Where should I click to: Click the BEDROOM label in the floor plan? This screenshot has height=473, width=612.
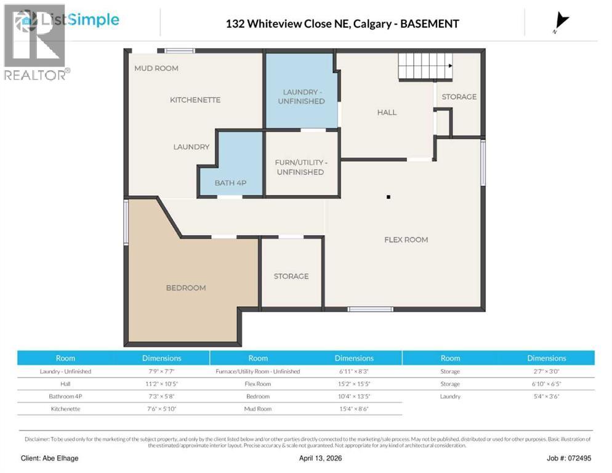click(x=185, y=288)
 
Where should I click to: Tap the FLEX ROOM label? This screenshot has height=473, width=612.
click(x=406, y=240)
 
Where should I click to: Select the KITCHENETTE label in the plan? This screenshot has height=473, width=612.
click(x=195, y=100)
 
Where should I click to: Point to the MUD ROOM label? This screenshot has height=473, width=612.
click(x=156, y=68)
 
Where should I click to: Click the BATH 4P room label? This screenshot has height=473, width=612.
click(x=231, y=183)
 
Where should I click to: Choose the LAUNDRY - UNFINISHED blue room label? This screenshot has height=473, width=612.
click(x=300, y=96)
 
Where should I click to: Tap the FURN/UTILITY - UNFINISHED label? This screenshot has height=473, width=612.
click(x=300, y=167)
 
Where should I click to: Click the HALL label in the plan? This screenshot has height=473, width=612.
click(x=387, y=112)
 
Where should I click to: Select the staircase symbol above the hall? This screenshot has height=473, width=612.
click(x=425, y=66)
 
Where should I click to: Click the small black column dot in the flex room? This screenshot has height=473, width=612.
click(x=389, y=197)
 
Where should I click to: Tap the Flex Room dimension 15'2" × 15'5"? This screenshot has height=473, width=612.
click(x=354, y=384)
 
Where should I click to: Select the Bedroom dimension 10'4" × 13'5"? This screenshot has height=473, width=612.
click(x=354, y=396)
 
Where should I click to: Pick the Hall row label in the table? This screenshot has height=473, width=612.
click(x=65, y=384)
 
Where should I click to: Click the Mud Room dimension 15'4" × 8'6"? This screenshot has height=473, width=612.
click(x=354, y=409)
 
